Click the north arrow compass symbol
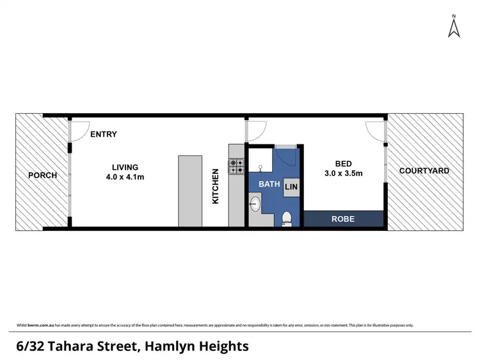(454, 27)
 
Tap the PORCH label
(42, 175)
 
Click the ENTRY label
(104, 134)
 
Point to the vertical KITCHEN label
(216, 186)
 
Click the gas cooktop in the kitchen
(237, 166)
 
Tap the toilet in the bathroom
(287, 219)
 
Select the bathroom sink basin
(255, 205)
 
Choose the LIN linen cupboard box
(291, 187)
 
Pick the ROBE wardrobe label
(342, 219)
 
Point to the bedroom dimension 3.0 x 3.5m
(344, 173)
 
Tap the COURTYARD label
(424, 171)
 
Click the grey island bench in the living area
(190, 190)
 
